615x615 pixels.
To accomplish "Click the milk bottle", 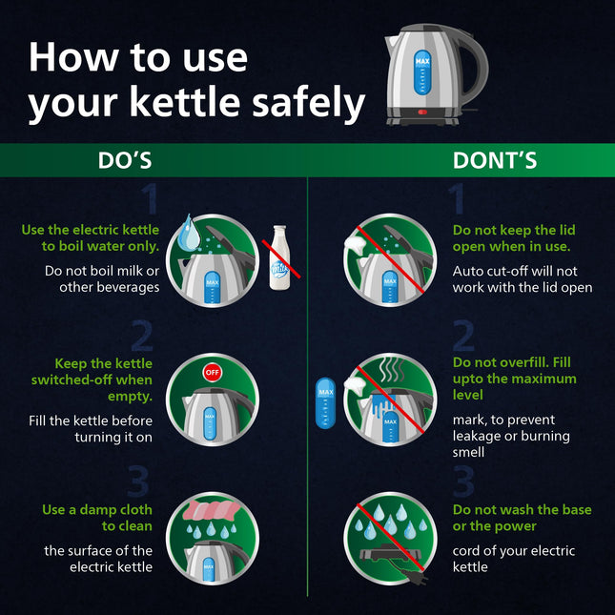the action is click(279, 257).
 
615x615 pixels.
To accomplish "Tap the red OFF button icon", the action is click(213, 372).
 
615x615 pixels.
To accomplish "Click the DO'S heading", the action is click(125, 160).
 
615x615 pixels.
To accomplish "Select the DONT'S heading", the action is click(495, 160).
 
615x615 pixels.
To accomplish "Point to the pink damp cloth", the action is click(212, 510).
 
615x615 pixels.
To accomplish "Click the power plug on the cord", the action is click(415, 576).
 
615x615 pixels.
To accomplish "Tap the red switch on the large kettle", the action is click(422, 112).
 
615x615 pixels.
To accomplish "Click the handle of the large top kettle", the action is click(473, 67).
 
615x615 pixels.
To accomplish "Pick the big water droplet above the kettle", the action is click(188, 233).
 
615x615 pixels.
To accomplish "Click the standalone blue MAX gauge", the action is click(325, 403).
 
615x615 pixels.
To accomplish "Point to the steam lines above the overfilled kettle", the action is click(392, 370).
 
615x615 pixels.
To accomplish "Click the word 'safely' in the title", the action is click(308, 103).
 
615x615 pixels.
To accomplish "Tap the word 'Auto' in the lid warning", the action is click(467, 271).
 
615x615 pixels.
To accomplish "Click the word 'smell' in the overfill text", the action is click(468, 452).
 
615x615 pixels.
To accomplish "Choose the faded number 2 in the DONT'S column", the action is click(463, 336).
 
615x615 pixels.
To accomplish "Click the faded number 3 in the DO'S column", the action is click(138, 481).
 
